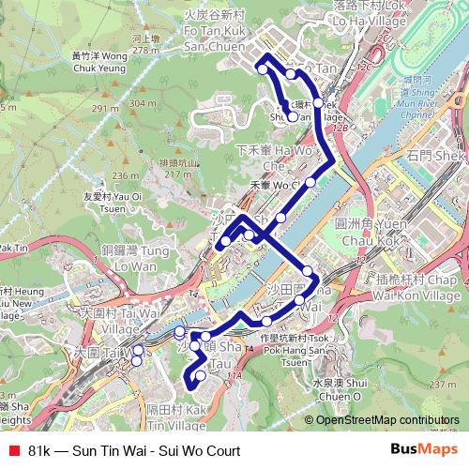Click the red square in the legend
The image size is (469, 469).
click(12, 451)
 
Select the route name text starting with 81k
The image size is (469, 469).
click(134, 451)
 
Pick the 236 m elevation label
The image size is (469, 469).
click(125, 174)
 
